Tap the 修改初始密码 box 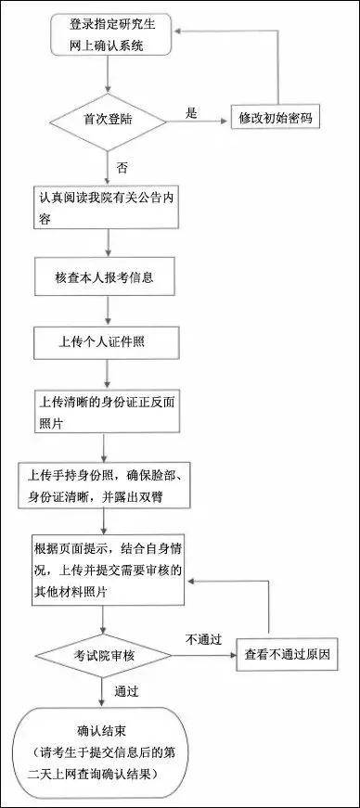click(x=276, y=120)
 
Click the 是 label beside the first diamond click(x=192, y=113)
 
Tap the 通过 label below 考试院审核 click(x=126, y=692)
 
